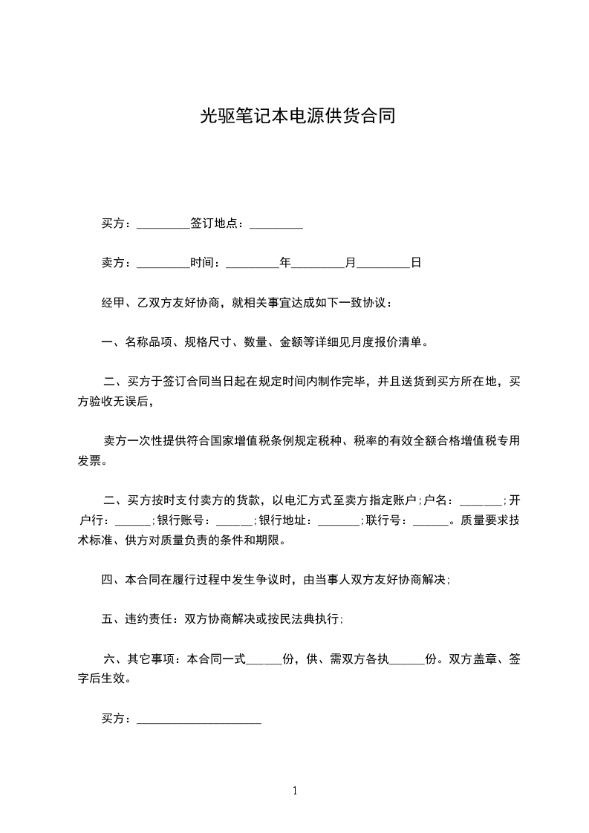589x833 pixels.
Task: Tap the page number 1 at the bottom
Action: click(x=295, y=791)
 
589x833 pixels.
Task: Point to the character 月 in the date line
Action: click(x=351, y=263)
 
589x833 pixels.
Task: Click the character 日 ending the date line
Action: click(x=416, y=263)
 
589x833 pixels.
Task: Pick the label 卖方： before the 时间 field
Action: click(x=117, y=263)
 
